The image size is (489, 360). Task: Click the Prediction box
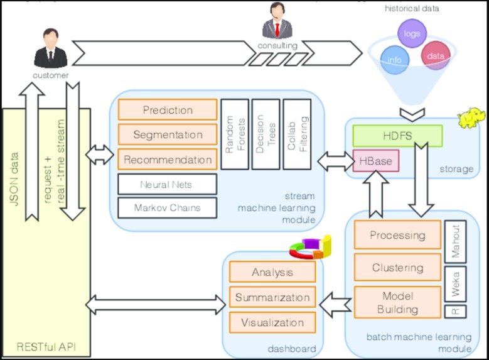point(167,110)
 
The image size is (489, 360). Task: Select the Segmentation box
point(167,134)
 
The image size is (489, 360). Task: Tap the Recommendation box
point(167,160)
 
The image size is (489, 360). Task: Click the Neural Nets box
point(167,185)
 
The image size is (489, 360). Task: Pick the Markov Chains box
point(167,207)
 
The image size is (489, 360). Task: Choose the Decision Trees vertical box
point(264,134)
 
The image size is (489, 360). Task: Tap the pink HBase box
point(375,161)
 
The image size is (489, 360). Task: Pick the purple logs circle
point(412,33)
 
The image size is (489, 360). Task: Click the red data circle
point(435,55)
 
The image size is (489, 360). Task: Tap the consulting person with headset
point(276,21)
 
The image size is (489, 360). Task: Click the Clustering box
point(397,268)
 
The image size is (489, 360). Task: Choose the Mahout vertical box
point(455,241)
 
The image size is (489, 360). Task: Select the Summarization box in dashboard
point(272,297)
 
